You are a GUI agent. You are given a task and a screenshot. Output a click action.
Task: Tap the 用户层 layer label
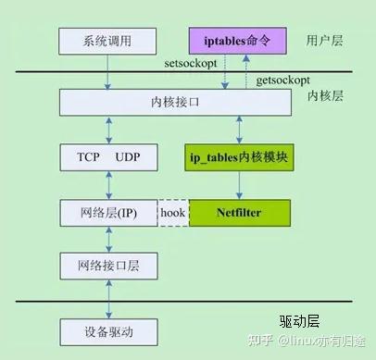click(325, 41)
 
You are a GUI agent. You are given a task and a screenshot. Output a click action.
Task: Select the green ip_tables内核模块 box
click(239, 157)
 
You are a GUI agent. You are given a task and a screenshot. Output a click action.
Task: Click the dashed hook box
click(172, 213)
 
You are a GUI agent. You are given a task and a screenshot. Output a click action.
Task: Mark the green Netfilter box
click(239, 213)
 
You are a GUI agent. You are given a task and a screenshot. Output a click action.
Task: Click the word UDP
click(129, 157)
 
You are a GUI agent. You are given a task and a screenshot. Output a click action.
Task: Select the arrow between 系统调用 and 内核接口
click(108, 71)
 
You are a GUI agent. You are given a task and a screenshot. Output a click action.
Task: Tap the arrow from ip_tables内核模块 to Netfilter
click(239, 185)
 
